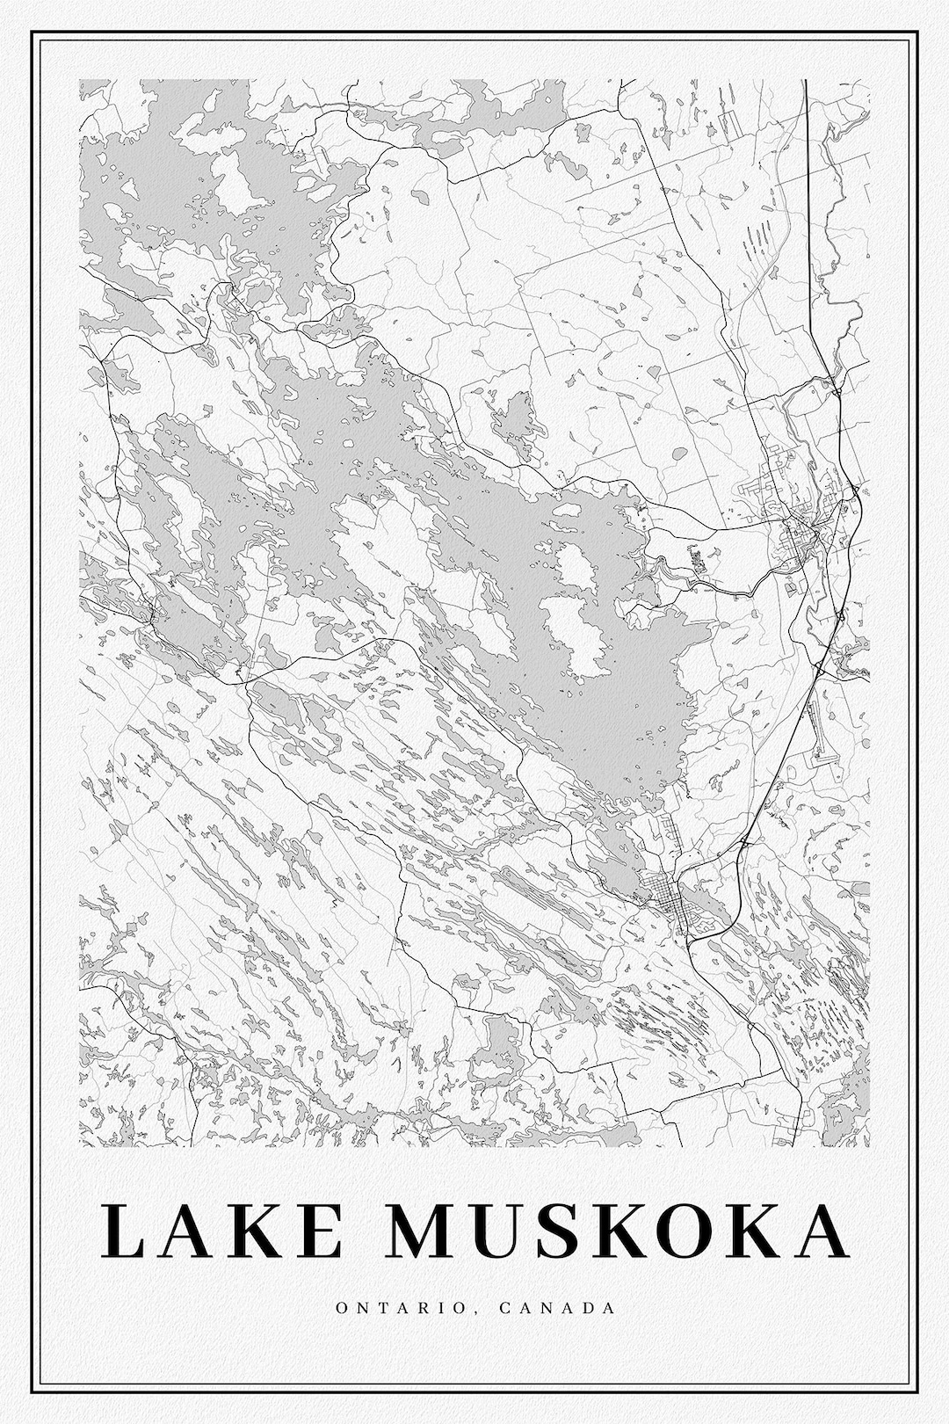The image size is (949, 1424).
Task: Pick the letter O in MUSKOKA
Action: [x=683, y=1231]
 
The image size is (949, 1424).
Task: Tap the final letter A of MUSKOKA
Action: [x=815, y=1231]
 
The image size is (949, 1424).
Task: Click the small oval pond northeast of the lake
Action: [x=679, y=454]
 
